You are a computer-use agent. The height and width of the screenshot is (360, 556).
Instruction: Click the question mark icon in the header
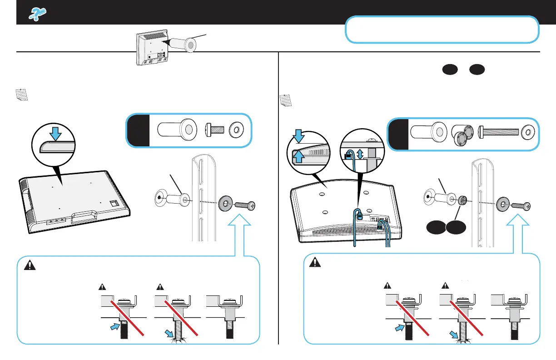point(35,15)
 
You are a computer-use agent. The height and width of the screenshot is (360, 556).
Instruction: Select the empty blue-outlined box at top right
point(442,30)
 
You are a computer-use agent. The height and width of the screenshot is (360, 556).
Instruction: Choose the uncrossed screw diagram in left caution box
point(225,317)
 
